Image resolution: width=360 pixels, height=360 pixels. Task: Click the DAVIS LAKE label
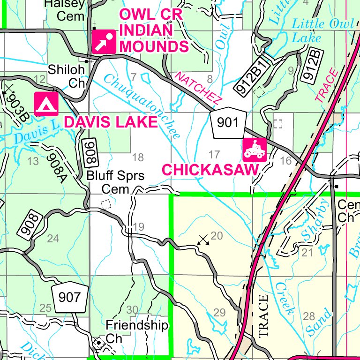(x=110, y=122)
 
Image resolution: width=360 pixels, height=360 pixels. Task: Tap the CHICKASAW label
(x=210, y=170)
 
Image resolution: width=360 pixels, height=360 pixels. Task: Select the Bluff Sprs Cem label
(x=116, y=182)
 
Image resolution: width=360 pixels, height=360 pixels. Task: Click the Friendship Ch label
(x=136, y=331)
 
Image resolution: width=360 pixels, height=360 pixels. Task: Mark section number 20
(x=217, y=235)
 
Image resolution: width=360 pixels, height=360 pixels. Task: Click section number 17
(x=214, y=154)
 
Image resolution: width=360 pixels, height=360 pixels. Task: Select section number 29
(x=219, y=313)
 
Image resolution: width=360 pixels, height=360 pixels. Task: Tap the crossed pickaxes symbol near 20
(x=203, y=240)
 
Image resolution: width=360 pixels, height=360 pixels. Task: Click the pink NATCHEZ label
(x=198, y=89)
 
